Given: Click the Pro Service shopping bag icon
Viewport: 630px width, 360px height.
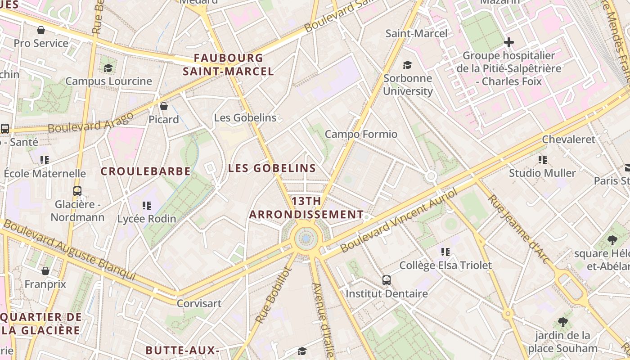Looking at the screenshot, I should pyautogui.click(x=41, y=30).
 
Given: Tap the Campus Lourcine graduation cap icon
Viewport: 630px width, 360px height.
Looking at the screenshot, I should pyautogui.click(x=108, y=68).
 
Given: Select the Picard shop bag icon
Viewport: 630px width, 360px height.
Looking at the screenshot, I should pyautogui.click(x=164, y=106).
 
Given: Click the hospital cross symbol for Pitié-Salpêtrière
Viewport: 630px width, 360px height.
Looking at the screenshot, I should pyautogui.click(x=509, y=42).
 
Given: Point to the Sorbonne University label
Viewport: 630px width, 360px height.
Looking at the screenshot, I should pyautogui.click(x=408, y=85).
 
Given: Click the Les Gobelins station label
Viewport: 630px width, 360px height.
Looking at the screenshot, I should pyautogui.click(x=245, y=118).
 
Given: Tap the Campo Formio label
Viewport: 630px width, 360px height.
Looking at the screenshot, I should pyautogui.click(x=361, y=134).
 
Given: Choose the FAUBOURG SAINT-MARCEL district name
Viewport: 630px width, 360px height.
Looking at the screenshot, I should pyautogui.click(x=228, y=65).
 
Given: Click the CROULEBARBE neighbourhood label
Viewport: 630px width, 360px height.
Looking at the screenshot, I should pyautogui.click(x=145, y=171).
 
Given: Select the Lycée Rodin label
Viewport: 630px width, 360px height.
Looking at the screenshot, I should pyautogui.click(x=147, y=219).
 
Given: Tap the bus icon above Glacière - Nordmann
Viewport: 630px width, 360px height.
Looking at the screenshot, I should pyautogui.click(x=77, y=191).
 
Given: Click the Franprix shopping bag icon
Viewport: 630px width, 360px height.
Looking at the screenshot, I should pyautogui.click(x=45, y=271).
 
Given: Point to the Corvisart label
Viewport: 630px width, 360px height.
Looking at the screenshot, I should pyautogui.click(x=199, y=303).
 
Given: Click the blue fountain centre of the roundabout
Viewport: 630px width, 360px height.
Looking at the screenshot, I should pyautogui.click(x=306, y=238).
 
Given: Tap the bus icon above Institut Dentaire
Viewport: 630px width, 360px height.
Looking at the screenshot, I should pyautogui.click(x=387, y=280).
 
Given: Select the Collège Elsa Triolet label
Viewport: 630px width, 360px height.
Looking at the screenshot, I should pyautogui.click(x=445, y=265).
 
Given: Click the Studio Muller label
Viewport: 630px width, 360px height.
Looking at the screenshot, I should pyautogui.click(x=542, y=173).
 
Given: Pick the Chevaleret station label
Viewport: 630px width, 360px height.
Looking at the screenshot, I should pyautogui.click(x=568, y=139).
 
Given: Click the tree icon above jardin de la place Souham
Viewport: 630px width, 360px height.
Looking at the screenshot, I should pyautogui.click(x=562, y=322).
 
